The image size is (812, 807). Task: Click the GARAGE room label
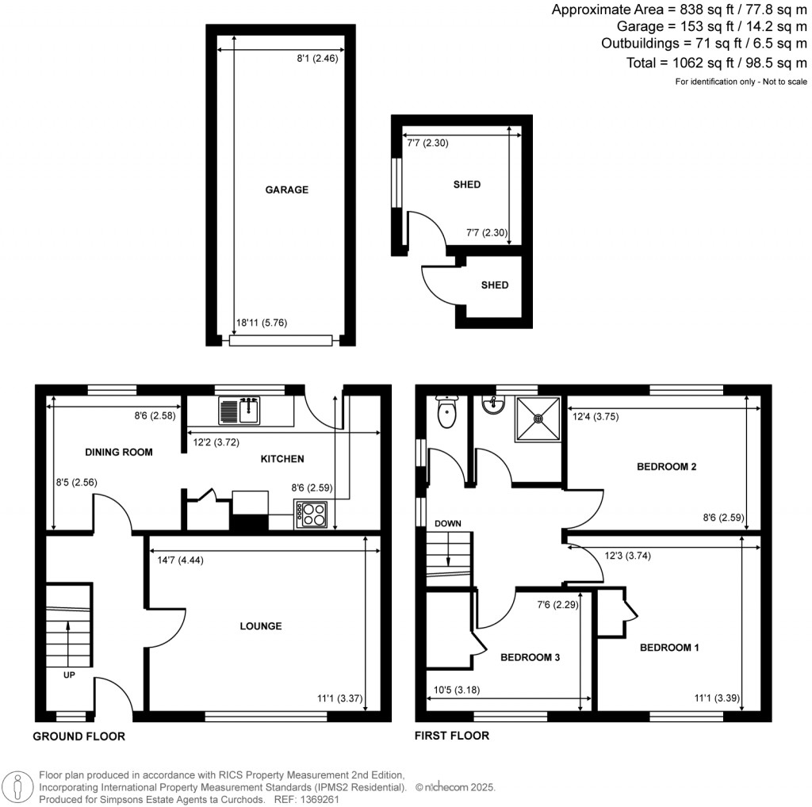coord(286,190)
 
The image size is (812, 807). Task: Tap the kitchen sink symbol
coord(239,410)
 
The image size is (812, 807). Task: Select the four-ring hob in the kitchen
coord(312,514)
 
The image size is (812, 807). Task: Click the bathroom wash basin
coord(494,405)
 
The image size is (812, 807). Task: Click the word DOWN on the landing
coord(447,524)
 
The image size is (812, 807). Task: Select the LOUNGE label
coord(261,626)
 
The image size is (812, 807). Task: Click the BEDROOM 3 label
coord(530,657)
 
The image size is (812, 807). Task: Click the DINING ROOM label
coord(118,453)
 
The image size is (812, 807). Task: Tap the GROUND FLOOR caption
coord(79,736)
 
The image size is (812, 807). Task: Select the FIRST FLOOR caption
coord(452,736)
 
